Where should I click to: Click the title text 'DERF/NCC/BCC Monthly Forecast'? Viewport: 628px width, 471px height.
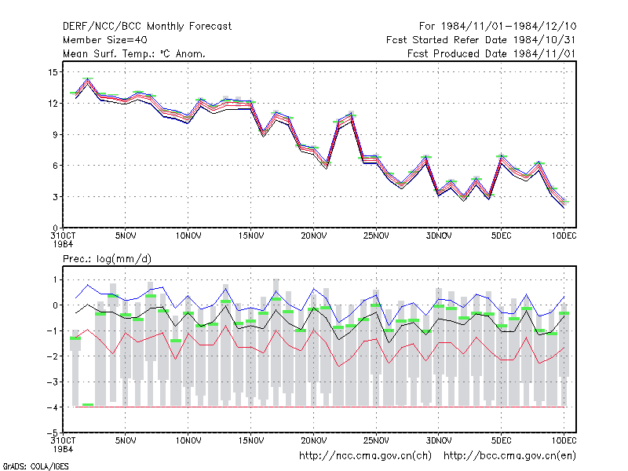point(147,27)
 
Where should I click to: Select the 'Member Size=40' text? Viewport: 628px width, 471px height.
point(105,40)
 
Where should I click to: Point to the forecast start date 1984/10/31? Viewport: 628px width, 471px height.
point(544,40)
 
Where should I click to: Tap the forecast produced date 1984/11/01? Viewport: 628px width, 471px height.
point(544,53)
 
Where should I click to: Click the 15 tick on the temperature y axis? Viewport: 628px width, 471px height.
point(53,72)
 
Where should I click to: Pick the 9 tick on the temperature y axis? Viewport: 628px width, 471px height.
point(55,134)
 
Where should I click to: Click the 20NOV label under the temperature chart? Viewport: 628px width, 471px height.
point(313,235)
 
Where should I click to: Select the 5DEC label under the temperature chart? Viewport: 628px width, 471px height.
point(501,235)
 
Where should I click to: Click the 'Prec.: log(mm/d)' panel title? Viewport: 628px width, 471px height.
point(107,259)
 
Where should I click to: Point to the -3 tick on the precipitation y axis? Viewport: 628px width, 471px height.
point(53,382)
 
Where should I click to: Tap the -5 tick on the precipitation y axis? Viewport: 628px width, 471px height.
point(53,433)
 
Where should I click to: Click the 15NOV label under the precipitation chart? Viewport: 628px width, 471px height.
point(251,440)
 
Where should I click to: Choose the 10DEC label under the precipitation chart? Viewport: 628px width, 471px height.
point(564,440)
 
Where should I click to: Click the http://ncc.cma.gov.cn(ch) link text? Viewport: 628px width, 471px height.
point(365,456)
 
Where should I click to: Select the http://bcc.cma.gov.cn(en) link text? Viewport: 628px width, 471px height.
point(509,456)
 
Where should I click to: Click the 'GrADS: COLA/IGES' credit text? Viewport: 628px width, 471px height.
point(35,466)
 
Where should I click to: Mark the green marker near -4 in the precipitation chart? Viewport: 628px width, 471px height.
point(88,404)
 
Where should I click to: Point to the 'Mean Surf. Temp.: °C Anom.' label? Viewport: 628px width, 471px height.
point(133,53)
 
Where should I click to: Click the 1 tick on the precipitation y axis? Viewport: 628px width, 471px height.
point(55,279)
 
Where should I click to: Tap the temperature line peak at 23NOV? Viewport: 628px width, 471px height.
point(351,115)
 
